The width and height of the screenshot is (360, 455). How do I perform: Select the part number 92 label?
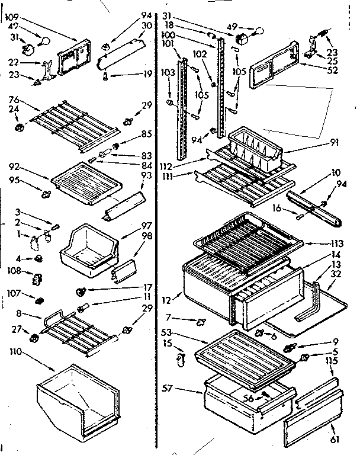pos(15,166)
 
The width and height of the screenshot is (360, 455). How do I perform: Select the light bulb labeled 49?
pos(258,32)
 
